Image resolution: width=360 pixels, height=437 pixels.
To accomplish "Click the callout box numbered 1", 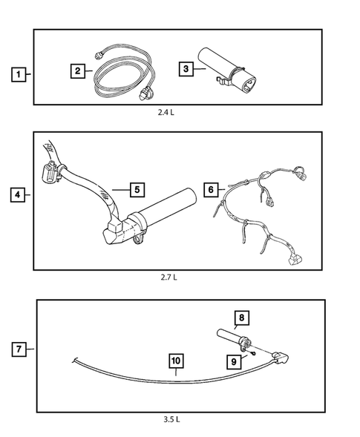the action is (x=19, y=74).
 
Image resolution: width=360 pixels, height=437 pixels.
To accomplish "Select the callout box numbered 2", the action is (x=78, y=70).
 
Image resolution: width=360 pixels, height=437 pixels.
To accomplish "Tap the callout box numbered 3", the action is (x=186, y=68).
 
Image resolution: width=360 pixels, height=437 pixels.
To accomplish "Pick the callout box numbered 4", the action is (x=18, y=194).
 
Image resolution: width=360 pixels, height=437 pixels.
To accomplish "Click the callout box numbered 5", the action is (x=137, y=190).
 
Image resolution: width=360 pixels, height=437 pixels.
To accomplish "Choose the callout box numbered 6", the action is (x=211, y=190).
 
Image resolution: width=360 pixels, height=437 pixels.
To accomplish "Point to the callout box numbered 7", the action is (x=19, y=349).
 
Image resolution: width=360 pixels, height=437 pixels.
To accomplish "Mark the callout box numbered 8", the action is (x=241, y=318).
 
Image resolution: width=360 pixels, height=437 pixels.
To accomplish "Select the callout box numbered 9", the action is (x=234, y=361).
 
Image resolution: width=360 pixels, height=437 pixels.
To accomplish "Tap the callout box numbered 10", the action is (x=176, y=361).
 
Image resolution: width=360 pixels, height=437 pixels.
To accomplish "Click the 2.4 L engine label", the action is (x=166, y=112).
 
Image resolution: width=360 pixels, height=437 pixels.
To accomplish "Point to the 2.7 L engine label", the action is (x=168, y=277).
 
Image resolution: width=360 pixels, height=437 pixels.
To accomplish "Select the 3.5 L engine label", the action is (x=171, y=419).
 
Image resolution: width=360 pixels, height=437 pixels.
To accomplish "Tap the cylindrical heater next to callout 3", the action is (x=227, y=71).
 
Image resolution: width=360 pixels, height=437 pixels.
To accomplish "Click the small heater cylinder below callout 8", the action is (x=234, y=339).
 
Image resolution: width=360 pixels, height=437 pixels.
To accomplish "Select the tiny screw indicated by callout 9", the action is (x=253, y=354).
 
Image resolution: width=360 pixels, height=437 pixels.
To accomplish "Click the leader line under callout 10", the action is (x=176, y=372).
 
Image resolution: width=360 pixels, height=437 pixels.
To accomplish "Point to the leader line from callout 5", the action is (x=121, y=190).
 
